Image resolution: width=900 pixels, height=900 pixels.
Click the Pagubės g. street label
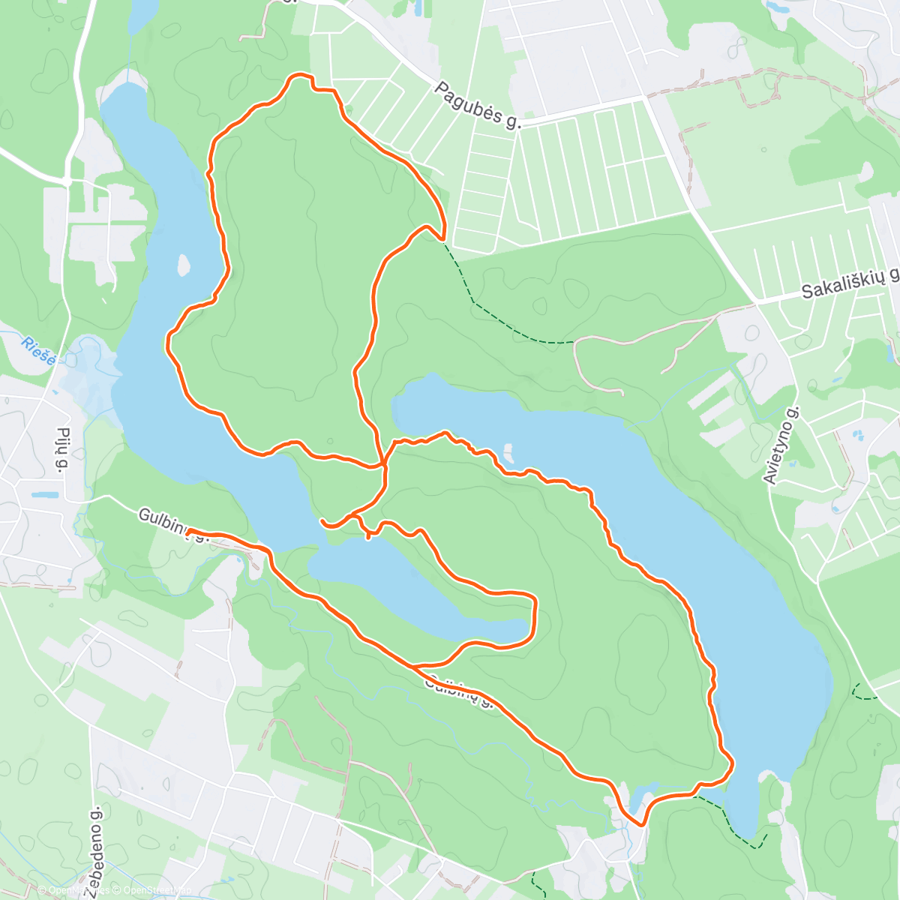point(477,106)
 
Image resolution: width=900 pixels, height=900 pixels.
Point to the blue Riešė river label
point(38,351)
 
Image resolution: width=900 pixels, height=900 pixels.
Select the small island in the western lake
point(182,265)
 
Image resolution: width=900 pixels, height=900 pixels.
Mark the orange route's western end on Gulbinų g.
point(187,532)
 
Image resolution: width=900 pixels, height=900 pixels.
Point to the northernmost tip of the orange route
point(300,75)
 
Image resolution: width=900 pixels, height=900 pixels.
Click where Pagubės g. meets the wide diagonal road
point(645,97)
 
